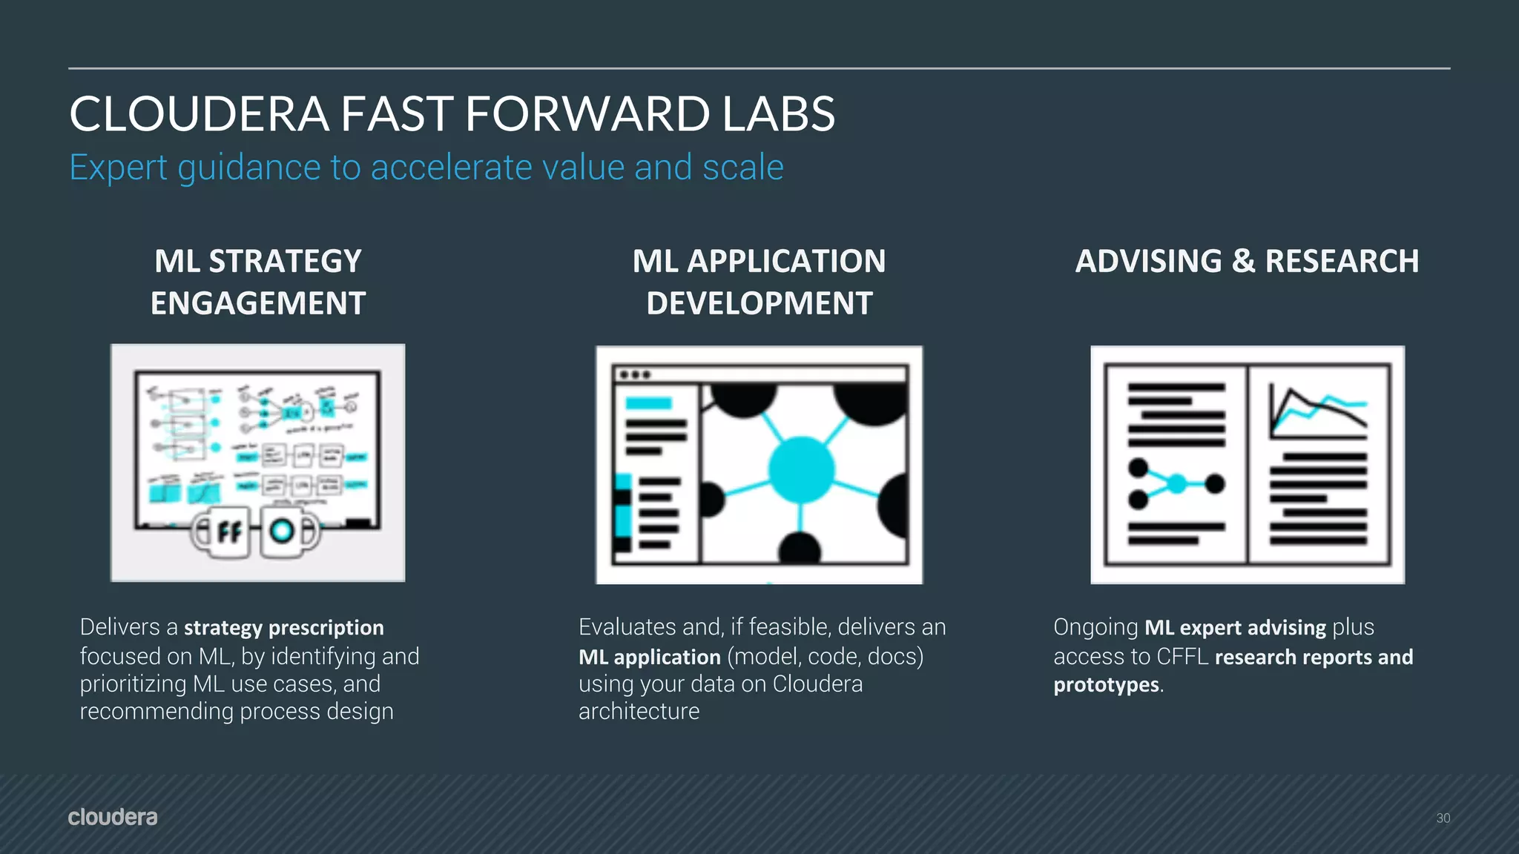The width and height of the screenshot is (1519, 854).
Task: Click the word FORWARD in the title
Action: point(587,115)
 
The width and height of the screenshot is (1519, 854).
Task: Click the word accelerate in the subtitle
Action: point(451,168)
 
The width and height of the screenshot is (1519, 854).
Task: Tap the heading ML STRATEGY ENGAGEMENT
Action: point(257,282)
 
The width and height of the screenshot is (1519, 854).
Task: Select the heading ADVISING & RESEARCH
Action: point(1247,261)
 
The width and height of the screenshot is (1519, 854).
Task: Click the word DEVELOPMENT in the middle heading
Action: point(759,303)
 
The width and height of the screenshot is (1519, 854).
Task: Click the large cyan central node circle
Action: point(801,469)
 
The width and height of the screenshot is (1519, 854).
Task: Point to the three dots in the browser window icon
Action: point(635,374)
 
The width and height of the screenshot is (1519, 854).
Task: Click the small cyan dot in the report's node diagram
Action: point(1177,484)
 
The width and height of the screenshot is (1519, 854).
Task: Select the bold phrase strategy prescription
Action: point(283,628)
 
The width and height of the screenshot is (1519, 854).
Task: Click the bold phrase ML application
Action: point(649,657)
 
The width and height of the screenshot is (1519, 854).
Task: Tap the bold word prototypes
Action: point(1105,685)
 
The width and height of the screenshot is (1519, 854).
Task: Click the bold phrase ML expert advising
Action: point(1234,628)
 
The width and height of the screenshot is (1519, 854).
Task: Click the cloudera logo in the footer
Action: point(113,817)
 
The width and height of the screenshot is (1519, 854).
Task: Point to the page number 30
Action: point(1443,818)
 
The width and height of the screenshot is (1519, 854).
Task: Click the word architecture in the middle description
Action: point(639,712)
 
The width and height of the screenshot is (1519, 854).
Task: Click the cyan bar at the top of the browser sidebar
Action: point(648,403)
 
